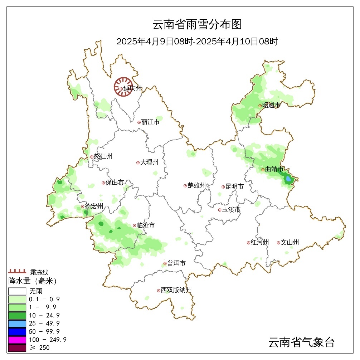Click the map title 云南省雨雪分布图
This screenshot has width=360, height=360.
pyautogui.click(x=197, y=24)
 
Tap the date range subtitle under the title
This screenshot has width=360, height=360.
pyautogui.click(x=197, y=42)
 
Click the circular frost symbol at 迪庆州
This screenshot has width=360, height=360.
pyautogui.click(x=123, y=87)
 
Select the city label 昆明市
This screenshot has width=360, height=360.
pyautogui.click(x=234, y=187)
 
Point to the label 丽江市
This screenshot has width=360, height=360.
pyautogui.click(x=150, y=122)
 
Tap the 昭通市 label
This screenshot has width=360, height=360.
pyautogui.click(x=271, y=106)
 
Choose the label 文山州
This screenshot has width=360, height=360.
pyautogui.click(x=290, y=243)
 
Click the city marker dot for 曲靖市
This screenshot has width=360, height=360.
pyautogui.click(x=263, y=170)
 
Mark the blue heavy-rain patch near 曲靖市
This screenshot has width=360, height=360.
pyautogui.click(x=288, y=178)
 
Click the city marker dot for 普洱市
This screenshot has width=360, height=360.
pyautogui.click(x=165, y=264)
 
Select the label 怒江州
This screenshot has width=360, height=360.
pyautogui.click(x=103, y=156)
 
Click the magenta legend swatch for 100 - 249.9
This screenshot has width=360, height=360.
pyautogui.click(x=17, y=340)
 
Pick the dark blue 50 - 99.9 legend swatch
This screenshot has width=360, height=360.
pyautogui.click(x=17, y=331)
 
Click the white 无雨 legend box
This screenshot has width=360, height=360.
pyautogui.click(x=17, y=291)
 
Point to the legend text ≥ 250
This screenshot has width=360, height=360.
pyautogui.click(x=39, y=348)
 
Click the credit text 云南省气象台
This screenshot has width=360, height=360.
pyautogui.click(x=301, y=342)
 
